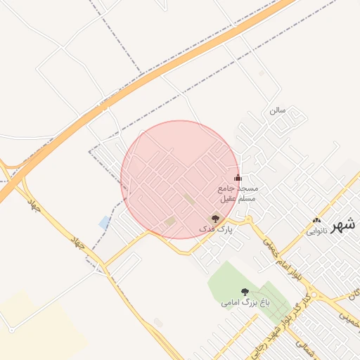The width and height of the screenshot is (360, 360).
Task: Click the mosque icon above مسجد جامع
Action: point(237,178)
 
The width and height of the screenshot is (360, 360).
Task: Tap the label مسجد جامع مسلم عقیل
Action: point(237,194)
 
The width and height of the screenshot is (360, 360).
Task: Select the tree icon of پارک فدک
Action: point(215,219)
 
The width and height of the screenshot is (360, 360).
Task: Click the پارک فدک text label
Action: point(214,230)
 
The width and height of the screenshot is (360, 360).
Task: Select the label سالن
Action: point(277,110)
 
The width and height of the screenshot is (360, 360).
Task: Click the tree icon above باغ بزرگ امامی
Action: point(245,292)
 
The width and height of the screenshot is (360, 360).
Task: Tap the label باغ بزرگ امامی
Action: point(245,303)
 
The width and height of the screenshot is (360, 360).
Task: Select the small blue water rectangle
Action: point(105,223)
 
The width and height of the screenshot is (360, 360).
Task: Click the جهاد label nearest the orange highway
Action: point(32,205)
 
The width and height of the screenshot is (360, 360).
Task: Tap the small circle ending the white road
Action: point(11,329)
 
